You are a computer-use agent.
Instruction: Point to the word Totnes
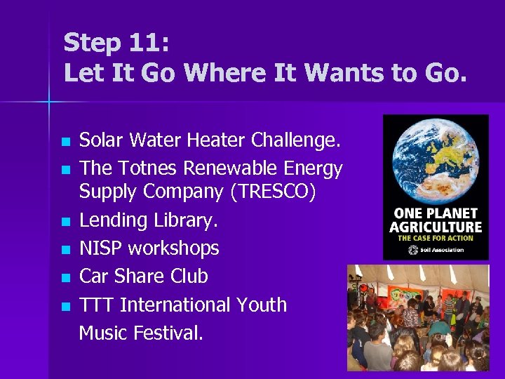pyautogui.click(x=149, y=168)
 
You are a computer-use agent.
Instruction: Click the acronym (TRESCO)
pyautogui.click(x=262, y=192)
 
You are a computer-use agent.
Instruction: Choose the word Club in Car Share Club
pyautogui.click(x=189, y=277)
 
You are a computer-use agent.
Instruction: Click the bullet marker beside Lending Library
pyautogui.click(x=66, y=222)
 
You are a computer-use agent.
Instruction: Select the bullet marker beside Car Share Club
pyautogui.click(x=66, y=278)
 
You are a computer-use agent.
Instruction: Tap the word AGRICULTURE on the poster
pyautogui.click(x=436, y=227)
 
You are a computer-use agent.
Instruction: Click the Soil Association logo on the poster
pyautogui.click(x=436, y=249)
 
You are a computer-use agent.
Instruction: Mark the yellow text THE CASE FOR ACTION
pyautogui.click(x=436, y=238)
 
